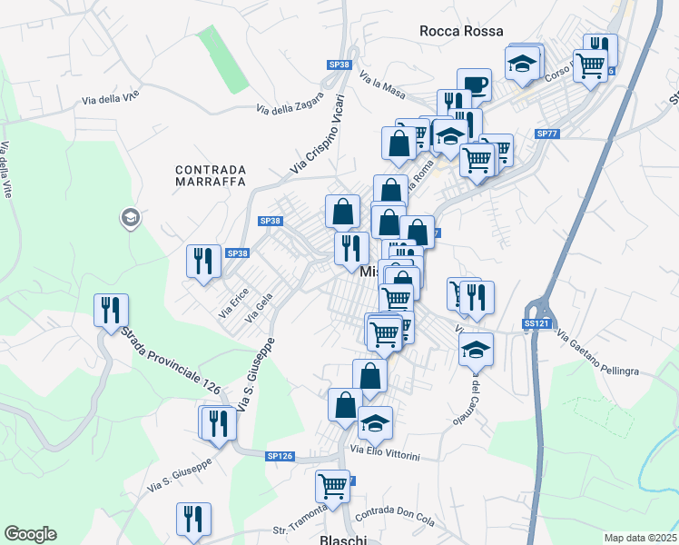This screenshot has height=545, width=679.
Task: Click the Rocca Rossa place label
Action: tap(461, 31)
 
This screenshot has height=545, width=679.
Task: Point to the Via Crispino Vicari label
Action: tap(318, 134)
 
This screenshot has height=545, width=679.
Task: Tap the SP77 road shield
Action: tap(546, 134)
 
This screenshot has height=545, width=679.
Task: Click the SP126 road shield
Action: tap(280, 456)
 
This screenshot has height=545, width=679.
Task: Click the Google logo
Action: tap(30, 534)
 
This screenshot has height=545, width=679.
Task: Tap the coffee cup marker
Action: tap(474, 84)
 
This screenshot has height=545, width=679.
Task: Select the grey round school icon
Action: tap(129, 217)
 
